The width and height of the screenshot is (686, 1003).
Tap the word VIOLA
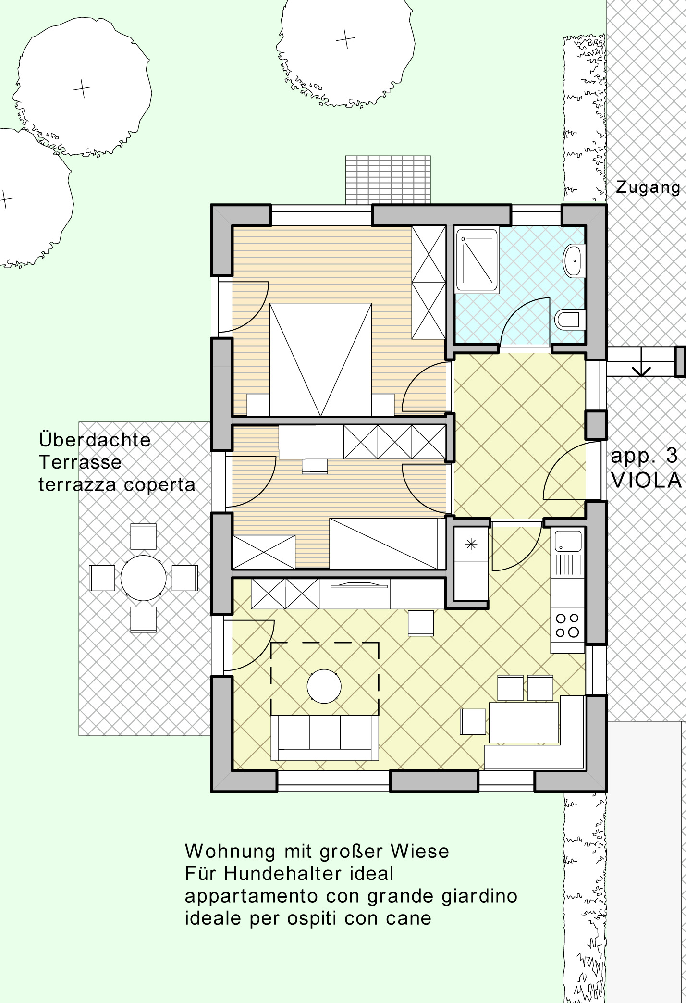click(647, 480)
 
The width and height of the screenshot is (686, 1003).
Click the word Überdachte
click(95, 439)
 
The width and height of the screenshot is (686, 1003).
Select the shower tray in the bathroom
click(477, 260)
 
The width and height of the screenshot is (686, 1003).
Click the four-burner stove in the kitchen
click(567, 625)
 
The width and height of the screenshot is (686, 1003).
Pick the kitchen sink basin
click(567, 540)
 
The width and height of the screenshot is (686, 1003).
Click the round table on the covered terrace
click(143, 578)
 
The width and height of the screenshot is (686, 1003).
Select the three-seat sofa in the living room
click(325, 737)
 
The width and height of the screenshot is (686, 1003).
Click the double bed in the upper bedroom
click(320, 359)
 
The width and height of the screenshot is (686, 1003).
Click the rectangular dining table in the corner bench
click(524, 722)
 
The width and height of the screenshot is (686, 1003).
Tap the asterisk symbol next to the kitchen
click(471, 544)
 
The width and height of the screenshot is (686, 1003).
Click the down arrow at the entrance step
click(642, 368)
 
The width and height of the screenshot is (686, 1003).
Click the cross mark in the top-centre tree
click(345, 39)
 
